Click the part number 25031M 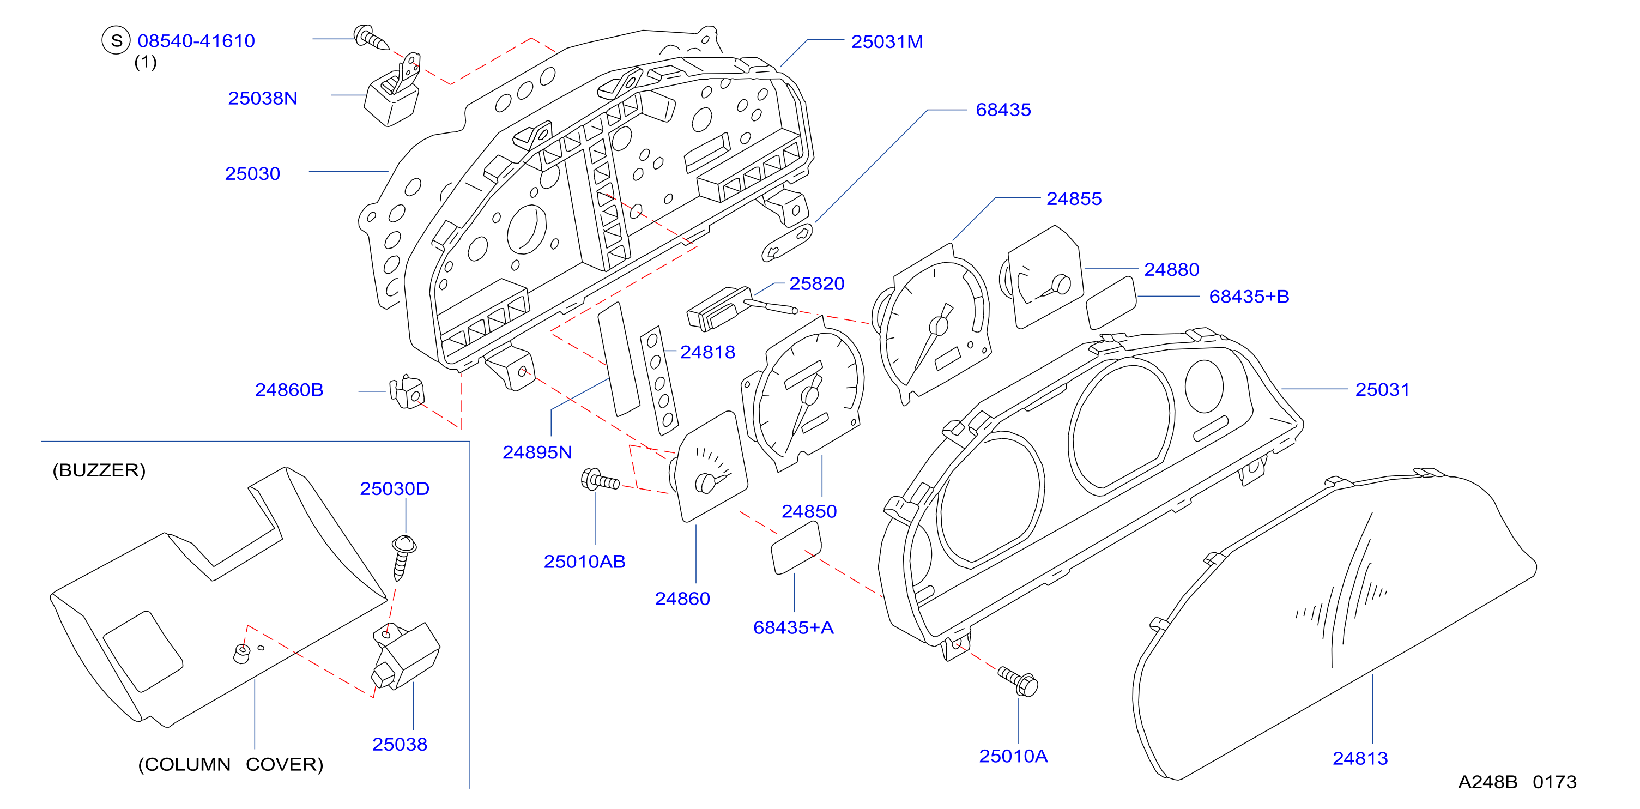click(x=887, y=42)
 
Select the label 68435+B click(x=1249, y=297)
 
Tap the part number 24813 click(x=1360, y=759)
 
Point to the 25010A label click(x=1013, y=756)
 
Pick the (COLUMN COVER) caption click(x=231, y=764)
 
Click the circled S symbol click(x=116, y=40)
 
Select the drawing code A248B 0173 click(x=1517, y=782)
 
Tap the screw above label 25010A click(x=1018, y=681)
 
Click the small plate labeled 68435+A click(x=796, y=548)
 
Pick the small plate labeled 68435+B click(x=1110, y=303)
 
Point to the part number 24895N click(x=537, y=452)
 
